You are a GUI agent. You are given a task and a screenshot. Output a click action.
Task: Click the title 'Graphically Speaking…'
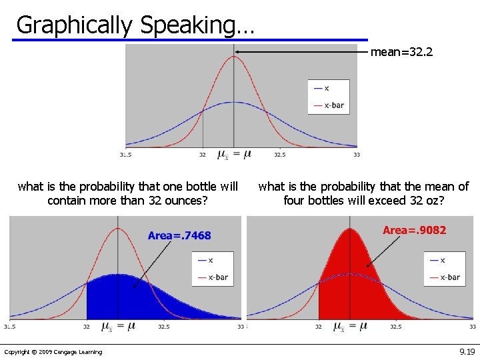point(135,25)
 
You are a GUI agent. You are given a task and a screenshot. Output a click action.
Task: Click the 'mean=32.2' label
point(401,51)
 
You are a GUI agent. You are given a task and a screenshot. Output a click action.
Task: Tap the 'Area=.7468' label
point(179,235)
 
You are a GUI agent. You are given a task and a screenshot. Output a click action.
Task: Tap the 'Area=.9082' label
point(414,231)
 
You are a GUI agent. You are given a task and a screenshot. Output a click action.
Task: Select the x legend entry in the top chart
point(326,88)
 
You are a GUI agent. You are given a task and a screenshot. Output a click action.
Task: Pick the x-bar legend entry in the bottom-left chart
point(218,277)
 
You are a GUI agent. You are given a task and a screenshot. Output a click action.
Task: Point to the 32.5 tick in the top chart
point(279,155)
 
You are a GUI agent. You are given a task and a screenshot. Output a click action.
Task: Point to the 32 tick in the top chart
point(203,155)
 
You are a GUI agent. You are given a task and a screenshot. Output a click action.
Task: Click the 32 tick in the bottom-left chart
point(87,327)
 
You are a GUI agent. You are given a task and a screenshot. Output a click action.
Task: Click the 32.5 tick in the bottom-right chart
point(395,327)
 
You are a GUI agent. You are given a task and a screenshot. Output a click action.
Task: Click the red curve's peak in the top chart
point(233,57)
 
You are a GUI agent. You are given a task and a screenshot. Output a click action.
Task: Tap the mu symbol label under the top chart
point(234,155)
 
